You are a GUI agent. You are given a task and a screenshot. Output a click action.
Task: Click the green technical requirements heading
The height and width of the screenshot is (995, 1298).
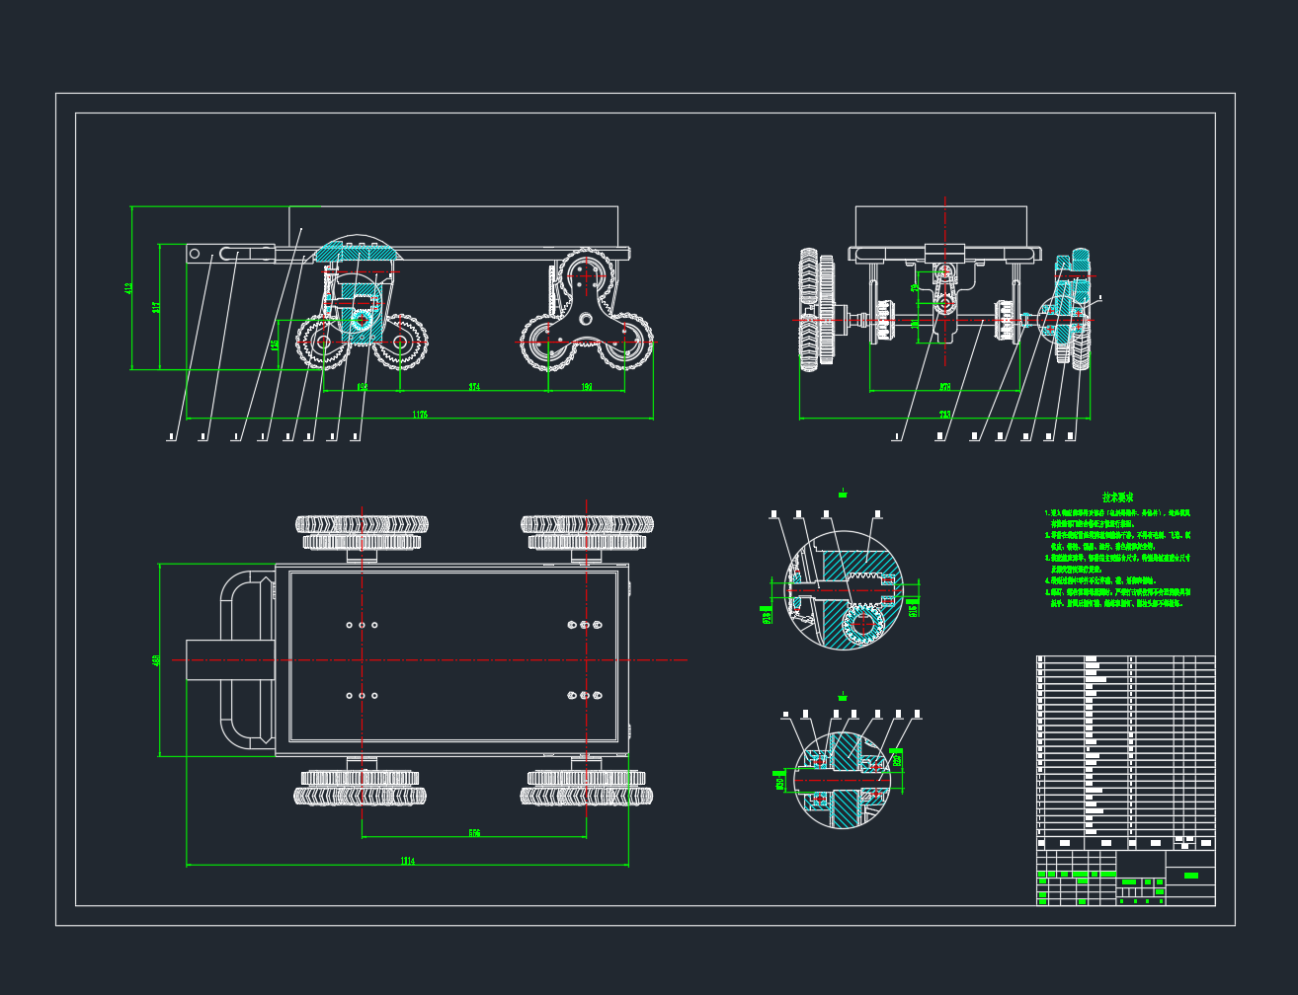point(1117,497)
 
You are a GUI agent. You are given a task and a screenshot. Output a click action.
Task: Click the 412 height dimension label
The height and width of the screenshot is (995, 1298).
point(128,288)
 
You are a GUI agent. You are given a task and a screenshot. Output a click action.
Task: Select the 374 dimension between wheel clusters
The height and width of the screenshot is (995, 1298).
point(474,387)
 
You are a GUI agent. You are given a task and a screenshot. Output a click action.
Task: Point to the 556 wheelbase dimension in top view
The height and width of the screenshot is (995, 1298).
point(474,833)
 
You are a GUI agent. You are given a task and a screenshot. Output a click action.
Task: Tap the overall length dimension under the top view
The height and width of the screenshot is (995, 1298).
point(407,861)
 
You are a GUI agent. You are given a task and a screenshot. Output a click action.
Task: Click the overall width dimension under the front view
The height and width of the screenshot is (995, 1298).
point(944,415)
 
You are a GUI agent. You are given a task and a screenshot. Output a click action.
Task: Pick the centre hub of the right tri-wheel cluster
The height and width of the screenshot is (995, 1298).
point(585,318)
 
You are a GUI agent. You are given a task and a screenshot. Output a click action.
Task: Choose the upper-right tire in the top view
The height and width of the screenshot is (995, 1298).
point(587,523)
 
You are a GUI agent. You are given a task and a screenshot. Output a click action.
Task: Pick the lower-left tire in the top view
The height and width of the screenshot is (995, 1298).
point(361,795)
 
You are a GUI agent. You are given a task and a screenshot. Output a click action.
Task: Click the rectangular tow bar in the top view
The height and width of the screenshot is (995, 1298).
point(229,659)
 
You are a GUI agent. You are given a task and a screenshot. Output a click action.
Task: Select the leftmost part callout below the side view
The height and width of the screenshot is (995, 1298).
point(172,435)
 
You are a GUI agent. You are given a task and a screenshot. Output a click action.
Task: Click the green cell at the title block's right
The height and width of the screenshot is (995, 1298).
point(1190,876)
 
